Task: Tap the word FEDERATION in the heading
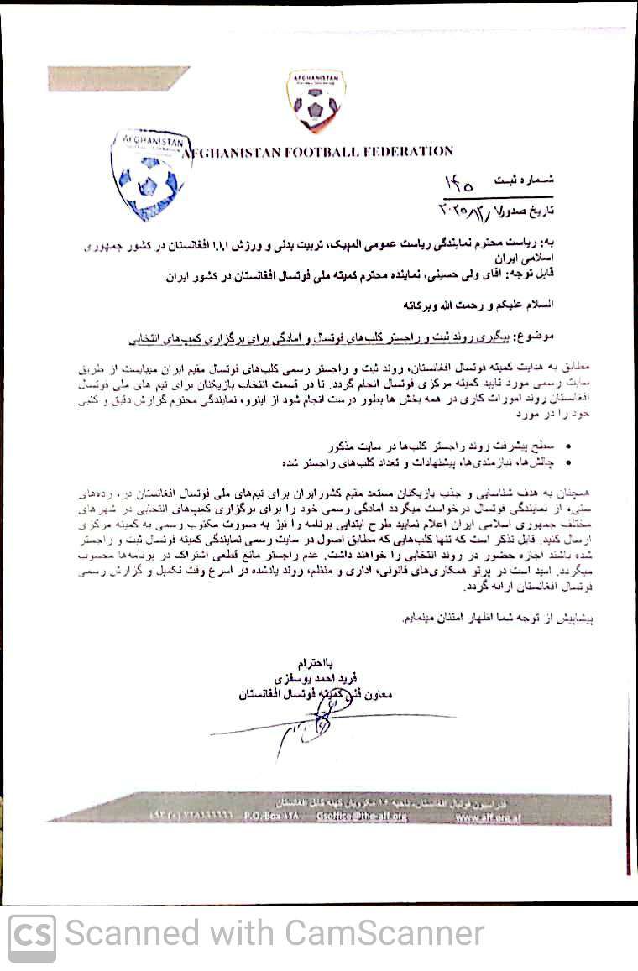[408, 151]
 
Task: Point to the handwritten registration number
[458, 182]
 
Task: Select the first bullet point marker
[570, 441]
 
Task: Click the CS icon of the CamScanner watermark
[32, 936]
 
